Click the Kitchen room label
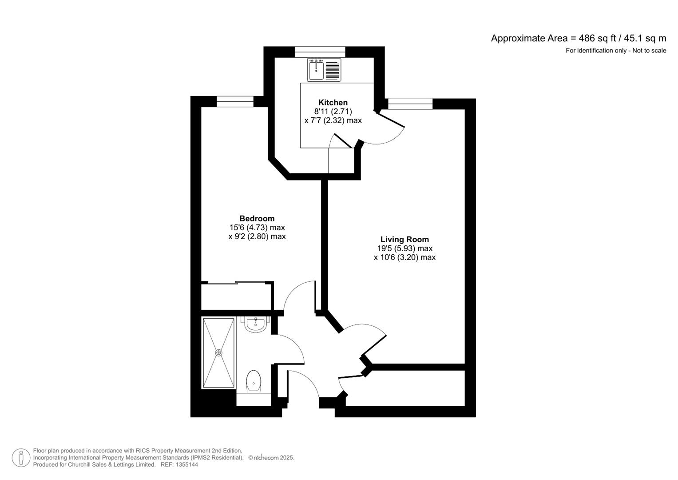(x=333, y=102)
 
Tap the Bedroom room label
(x=257, y=218)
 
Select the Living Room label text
(x=404, y=240)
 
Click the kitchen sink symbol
(x=317, y=70)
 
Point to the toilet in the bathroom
(x=254, y=381)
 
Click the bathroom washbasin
(x=256, y=324)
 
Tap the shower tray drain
(x=218, y=352)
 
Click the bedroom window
(x=234, y=102)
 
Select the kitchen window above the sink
(x=320, y=52)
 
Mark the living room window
(x=410, y=104)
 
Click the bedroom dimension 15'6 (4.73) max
(x=257, y=228)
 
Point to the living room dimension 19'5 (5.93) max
(x=404, y=248)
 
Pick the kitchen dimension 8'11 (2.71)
(x=333, y=112)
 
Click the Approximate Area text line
(x=578, y=38)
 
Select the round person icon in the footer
(x=21, y=458)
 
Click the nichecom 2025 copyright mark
(x=271, y=457)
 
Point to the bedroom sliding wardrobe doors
(x=236, y=283)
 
